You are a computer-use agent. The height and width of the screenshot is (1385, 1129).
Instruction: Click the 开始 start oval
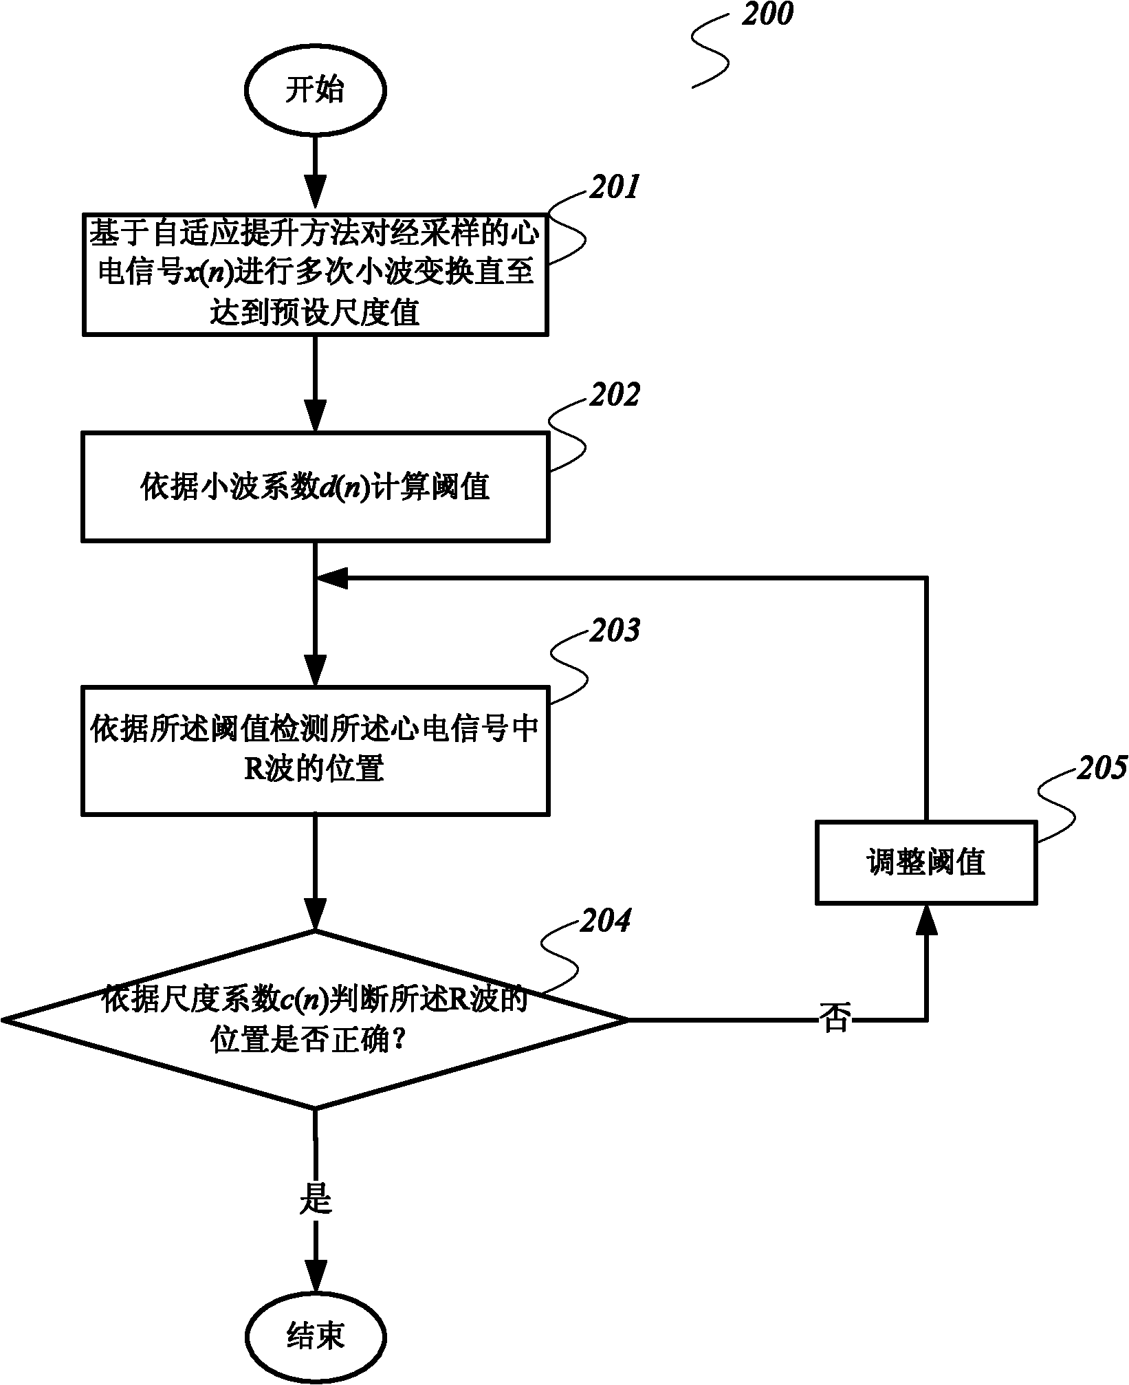pyautogui.click(x=315, y=91)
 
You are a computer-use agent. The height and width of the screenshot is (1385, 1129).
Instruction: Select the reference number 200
pyautogui.click(x=767, y=14)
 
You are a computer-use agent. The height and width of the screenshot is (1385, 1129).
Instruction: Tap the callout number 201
pyautogui.click(x=614, y=187)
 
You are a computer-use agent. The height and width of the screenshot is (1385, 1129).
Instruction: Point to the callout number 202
pyautogui.click(x=614, y=395)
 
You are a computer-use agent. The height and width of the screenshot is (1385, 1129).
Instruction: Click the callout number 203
pyautogui.click(x=614, y=631)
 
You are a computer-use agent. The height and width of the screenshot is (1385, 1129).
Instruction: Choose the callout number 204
pyautogui.click(x=604, y=921)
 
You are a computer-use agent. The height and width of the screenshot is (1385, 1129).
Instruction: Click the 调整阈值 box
pyautogui.click(x=925, y=862)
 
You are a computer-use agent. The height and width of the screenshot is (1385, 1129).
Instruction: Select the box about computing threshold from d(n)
pyautogui.click(x=315, y=486)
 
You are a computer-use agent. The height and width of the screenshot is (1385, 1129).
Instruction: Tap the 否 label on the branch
pyautogui.click(x=835, y=1016)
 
